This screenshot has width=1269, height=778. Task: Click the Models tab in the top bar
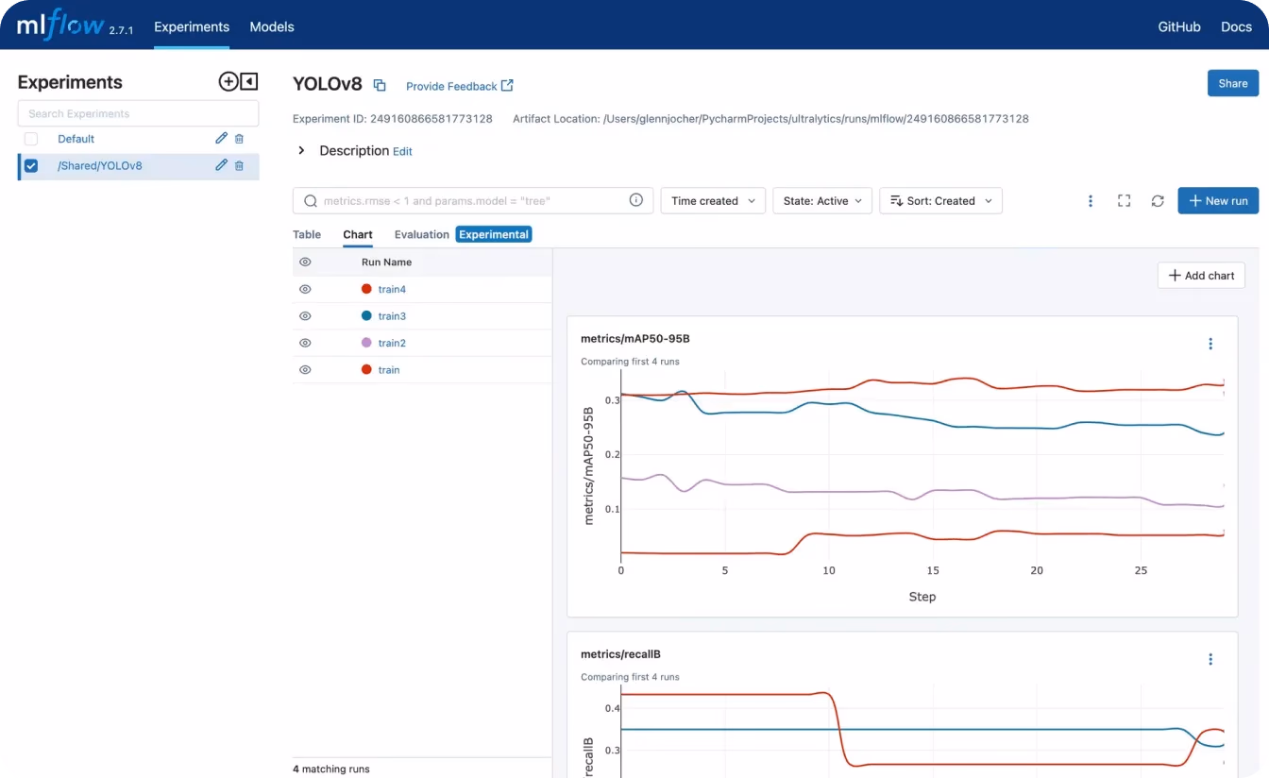pos(271,26)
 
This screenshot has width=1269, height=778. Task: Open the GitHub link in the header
pos(1179,26)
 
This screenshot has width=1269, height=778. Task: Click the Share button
pos(1233,83)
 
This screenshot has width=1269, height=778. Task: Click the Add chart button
pos(1201,276)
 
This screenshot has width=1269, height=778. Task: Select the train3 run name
pos(392,316)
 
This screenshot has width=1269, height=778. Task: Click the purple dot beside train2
pos(366,342)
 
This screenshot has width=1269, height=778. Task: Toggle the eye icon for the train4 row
pos(305,289)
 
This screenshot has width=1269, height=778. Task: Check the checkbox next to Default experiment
pos(31,139)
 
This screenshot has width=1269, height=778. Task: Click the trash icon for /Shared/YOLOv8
pos(239,165)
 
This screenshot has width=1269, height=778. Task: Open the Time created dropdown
pos(713,200)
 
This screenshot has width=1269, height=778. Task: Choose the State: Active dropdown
pos(822,200)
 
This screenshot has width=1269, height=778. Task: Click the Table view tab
pos(307,234)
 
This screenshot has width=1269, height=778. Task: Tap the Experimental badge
pos(494,234)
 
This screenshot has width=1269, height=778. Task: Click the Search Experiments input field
pos(138,113)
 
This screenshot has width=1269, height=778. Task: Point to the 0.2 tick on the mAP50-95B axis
pos(612,454)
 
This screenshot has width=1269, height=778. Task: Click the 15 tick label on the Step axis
pos(933,570)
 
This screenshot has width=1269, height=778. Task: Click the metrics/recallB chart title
pos(620,654)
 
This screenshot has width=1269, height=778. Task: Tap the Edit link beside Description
pos(402,151)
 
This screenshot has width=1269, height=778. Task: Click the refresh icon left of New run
pos(1158,200)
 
